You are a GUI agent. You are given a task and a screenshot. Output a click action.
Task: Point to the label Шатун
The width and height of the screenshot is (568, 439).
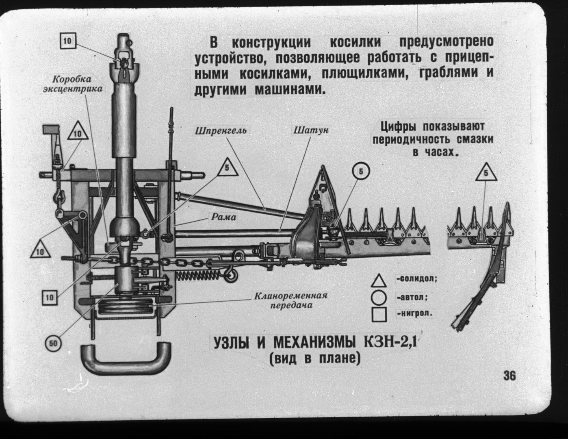click(311, 130)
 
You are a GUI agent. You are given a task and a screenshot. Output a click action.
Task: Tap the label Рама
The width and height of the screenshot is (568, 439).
click(223, 217)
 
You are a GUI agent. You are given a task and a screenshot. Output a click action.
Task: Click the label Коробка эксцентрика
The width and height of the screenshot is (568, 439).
click(72, 84)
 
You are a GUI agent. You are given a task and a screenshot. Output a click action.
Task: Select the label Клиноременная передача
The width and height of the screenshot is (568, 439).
click(291, 300)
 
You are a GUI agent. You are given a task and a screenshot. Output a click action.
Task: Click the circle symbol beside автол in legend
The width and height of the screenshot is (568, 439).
click(379, 298)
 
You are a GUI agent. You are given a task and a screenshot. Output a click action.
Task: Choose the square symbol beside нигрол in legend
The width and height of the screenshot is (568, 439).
click(379, 315)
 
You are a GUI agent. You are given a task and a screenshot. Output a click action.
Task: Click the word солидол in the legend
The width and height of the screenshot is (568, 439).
click(417, 279)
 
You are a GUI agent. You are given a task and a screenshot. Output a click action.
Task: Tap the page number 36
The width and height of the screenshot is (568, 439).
click(509, 376)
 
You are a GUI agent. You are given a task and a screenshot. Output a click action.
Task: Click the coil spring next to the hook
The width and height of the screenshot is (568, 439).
click(198, 275)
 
